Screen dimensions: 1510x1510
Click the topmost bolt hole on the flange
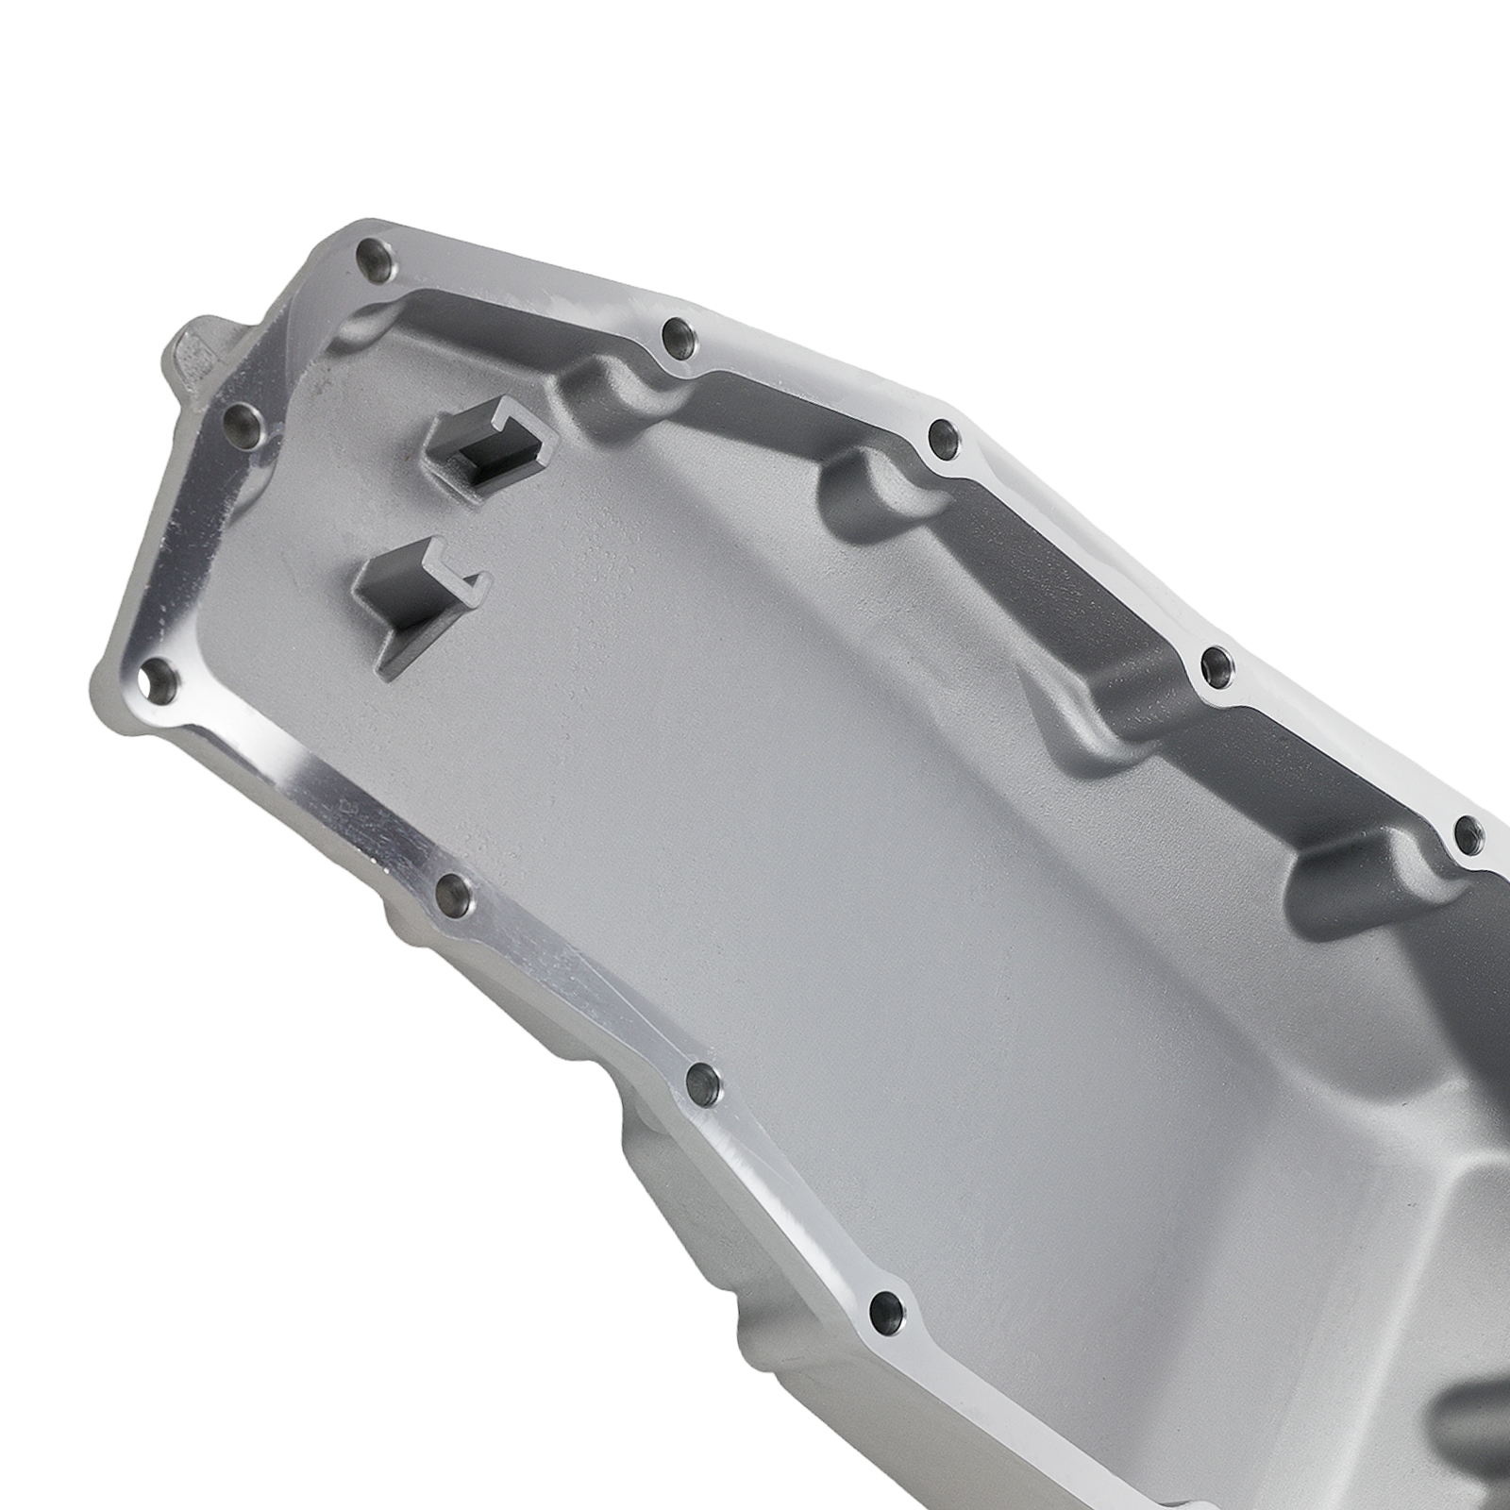pyautogui.click(x=375, y=258)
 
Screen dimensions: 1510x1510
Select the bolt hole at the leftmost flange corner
pyautogui.click(x=158, y=679)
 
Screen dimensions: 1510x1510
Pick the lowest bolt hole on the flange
pyautogui.click(x=888, y=1308)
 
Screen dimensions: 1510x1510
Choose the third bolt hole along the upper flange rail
pyautogui.click(x=944, y=435)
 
